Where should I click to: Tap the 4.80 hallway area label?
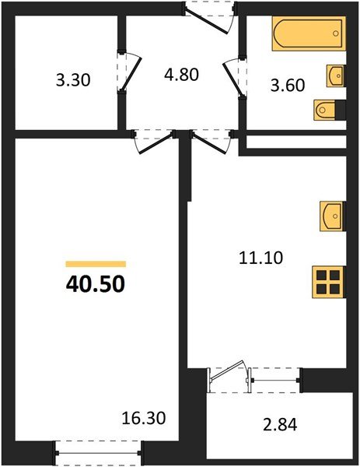pyautogui.click(x=182, y=75)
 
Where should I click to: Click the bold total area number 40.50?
pyautogui.click(x=95, y=283)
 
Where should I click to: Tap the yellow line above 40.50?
pyautogui.click(x=95, y=264)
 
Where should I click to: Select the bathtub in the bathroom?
pyautogui.click(x=307, y=35)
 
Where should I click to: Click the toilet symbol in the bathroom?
pyautogui.click(x=327, y=111)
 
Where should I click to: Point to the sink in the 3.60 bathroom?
pyautogui.click(x=336, y=76)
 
